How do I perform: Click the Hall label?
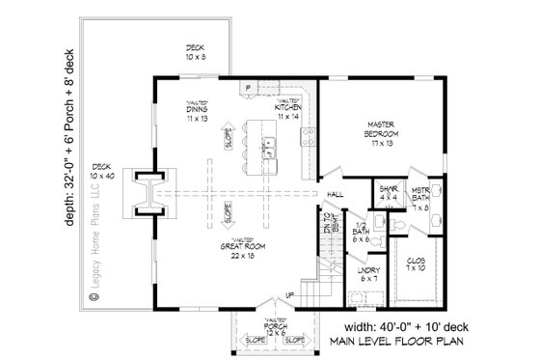(335, 195)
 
